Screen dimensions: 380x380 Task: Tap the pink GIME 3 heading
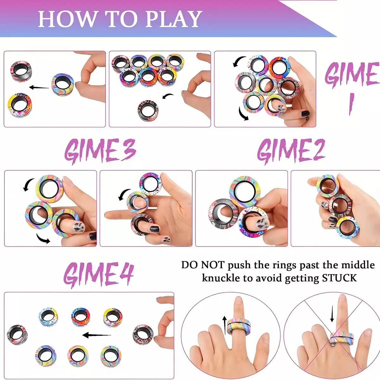[100, 151]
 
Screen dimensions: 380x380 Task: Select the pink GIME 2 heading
[291, 151]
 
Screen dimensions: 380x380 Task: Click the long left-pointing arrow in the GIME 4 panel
[97, 335]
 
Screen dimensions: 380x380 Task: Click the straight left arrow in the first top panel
[39, 87]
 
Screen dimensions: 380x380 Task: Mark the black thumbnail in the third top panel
[305, 114]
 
